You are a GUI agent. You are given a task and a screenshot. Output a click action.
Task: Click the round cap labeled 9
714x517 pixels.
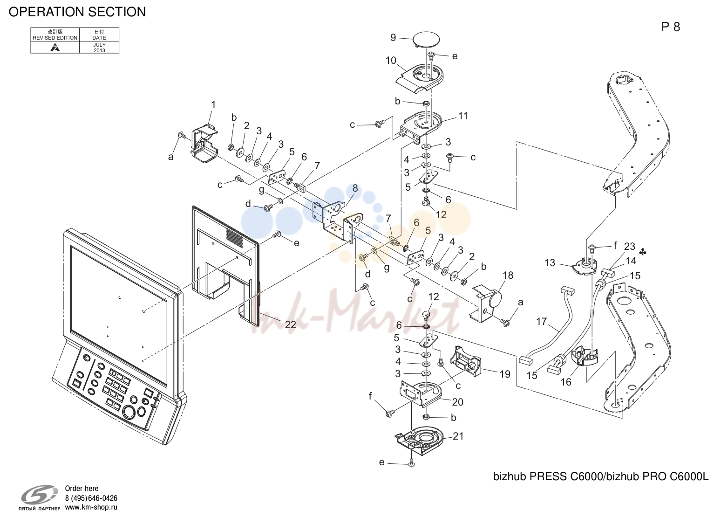[x=426, y=40]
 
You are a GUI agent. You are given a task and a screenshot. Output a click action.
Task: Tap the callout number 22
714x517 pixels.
[x=290, y=324]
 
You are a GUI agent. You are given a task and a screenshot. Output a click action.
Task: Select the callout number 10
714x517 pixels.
[x=391, y=60]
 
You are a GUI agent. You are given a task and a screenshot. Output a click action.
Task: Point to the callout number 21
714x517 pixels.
[x=458, y=436]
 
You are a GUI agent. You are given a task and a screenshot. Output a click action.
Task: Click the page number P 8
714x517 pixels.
[x=671, y=27]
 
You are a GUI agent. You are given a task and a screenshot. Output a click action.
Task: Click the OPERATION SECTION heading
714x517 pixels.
[x=77, y=12]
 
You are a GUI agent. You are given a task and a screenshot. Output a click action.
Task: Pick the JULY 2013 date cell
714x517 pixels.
[x=99, y=48]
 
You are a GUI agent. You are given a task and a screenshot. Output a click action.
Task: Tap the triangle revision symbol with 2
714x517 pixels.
[x=55, y=48]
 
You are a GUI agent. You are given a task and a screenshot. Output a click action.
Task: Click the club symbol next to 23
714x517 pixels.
[x=643, y=252]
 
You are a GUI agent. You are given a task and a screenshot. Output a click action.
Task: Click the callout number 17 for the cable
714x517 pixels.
[x=542, y=321]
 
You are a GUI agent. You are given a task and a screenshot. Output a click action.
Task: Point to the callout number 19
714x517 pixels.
[x=505, y=374]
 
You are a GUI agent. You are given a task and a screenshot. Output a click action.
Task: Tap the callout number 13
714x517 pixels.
[x=550, y=262]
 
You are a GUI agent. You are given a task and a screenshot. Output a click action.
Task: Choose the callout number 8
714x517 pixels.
[x=355, y=188]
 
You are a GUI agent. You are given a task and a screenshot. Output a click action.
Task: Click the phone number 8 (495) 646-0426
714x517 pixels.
[x=91, y=498]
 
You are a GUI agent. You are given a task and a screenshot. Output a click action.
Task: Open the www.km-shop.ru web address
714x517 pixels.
[x=91, y=507]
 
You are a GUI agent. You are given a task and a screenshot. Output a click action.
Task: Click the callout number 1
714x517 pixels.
[x=214, y=105]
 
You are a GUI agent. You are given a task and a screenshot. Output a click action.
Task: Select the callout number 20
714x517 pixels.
[x=458, y=402]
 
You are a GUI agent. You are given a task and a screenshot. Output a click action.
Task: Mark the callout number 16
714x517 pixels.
[x=566, y=382]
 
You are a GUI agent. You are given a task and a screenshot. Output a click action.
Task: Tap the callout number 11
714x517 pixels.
[x=463, y=116]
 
